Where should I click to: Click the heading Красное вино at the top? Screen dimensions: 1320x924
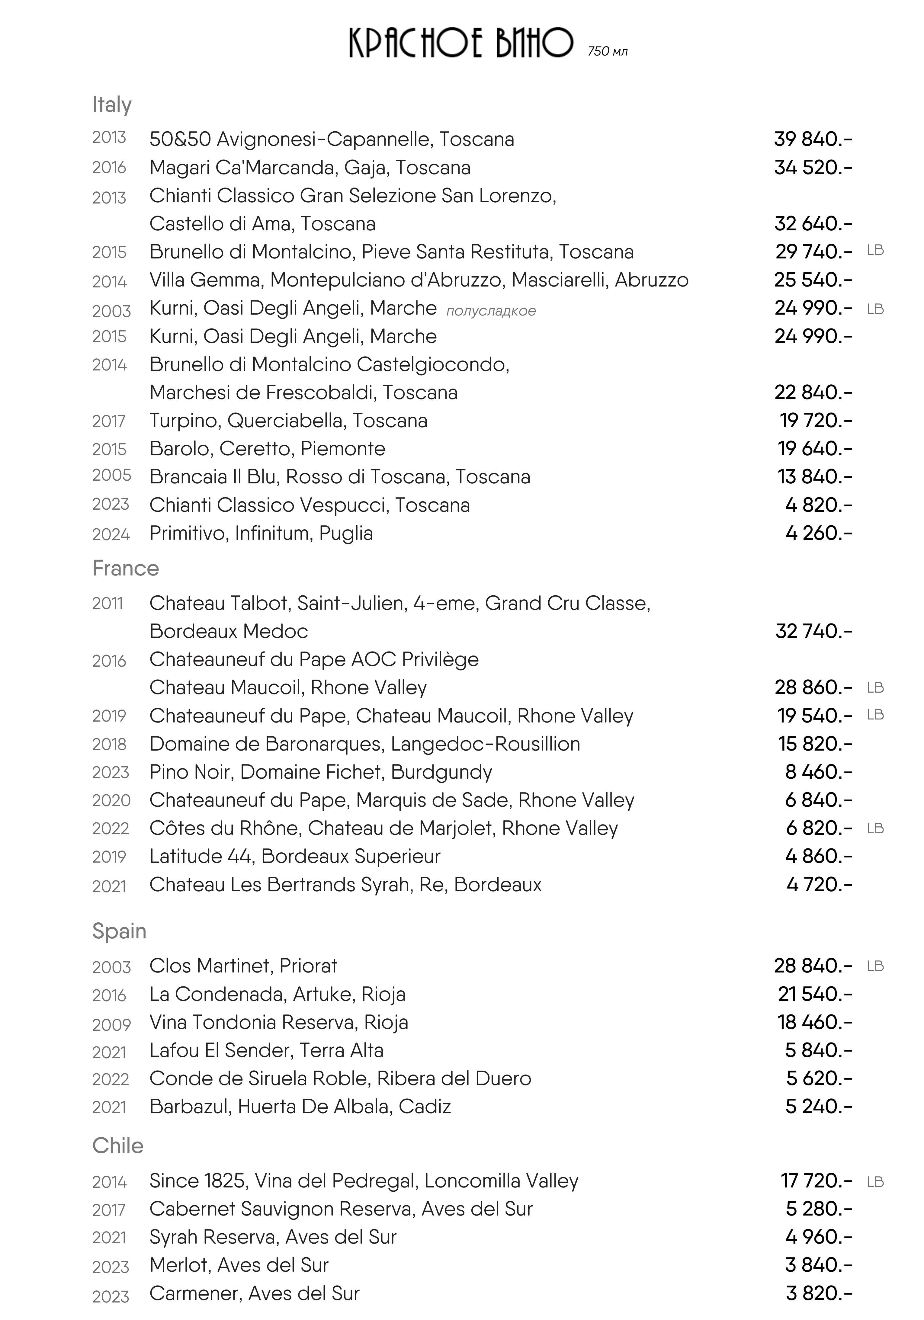(461, 43)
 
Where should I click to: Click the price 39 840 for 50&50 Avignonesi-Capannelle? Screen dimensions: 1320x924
(813, 139)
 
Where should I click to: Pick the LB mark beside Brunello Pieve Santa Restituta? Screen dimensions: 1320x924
(874, 251)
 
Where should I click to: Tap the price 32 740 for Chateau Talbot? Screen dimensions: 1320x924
(813, 631)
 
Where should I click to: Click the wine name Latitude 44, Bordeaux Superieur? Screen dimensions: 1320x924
(294, 856)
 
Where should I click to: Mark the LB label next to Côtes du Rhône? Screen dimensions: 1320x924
(874, 828)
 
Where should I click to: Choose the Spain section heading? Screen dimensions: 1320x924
(119, 931)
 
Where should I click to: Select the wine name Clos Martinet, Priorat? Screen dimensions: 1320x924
(243, 966)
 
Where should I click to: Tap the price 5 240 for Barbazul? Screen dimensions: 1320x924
(818, 1107)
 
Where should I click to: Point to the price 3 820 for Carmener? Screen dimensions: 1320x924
(818, 1293)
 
